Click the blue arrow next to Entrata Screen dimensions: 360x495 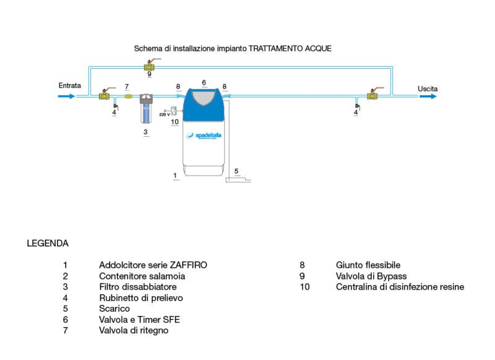coord(67,96)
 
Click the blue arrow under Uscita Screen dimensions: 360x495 coord(428,96)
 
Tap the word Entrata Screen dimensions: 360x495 coord(69,85)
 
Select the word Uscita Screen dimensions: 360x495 coord(428,89)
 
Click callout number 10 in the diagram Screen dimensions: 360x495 coord(174,122)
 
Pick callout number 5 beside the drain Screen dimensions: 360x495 coord(236,169)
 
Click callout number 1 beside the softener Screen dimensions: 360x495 coord(176,175)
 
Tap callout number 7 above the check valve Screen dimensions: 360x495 coord(126,87)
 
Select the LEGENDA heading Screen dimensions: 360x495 coord(48,243)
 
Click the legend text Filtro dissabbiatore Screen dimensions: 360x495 coord(138,287)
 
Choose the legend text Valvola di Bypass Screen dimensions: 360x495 coord(371,276)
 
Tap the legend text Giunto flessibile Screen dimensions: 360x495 coord(368,265)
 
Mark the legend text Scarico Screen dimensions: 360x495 coord(114,309)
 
